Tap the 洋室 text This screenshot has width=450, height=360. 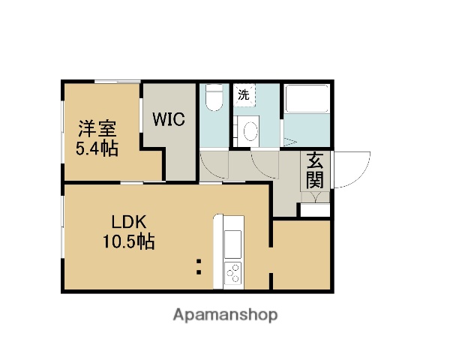tap(97, 127)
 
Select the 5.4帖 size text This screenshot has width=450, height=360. tap(97, 148)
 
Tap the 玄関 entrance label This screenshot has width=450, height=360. tap(315, 172)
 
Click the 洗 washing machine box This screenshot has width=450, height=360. tap(244, 94)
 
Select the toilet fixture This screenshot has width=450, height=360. tap(214, 98)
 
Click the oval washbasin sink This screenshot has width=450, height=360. tap(251, 130)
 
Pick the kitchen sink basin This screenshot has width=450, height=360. tap(232, 244)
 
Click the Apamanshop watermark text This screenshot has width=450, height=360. tap(225, 315)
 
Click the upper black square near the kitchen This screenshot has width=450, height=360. tap(199, 262)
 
